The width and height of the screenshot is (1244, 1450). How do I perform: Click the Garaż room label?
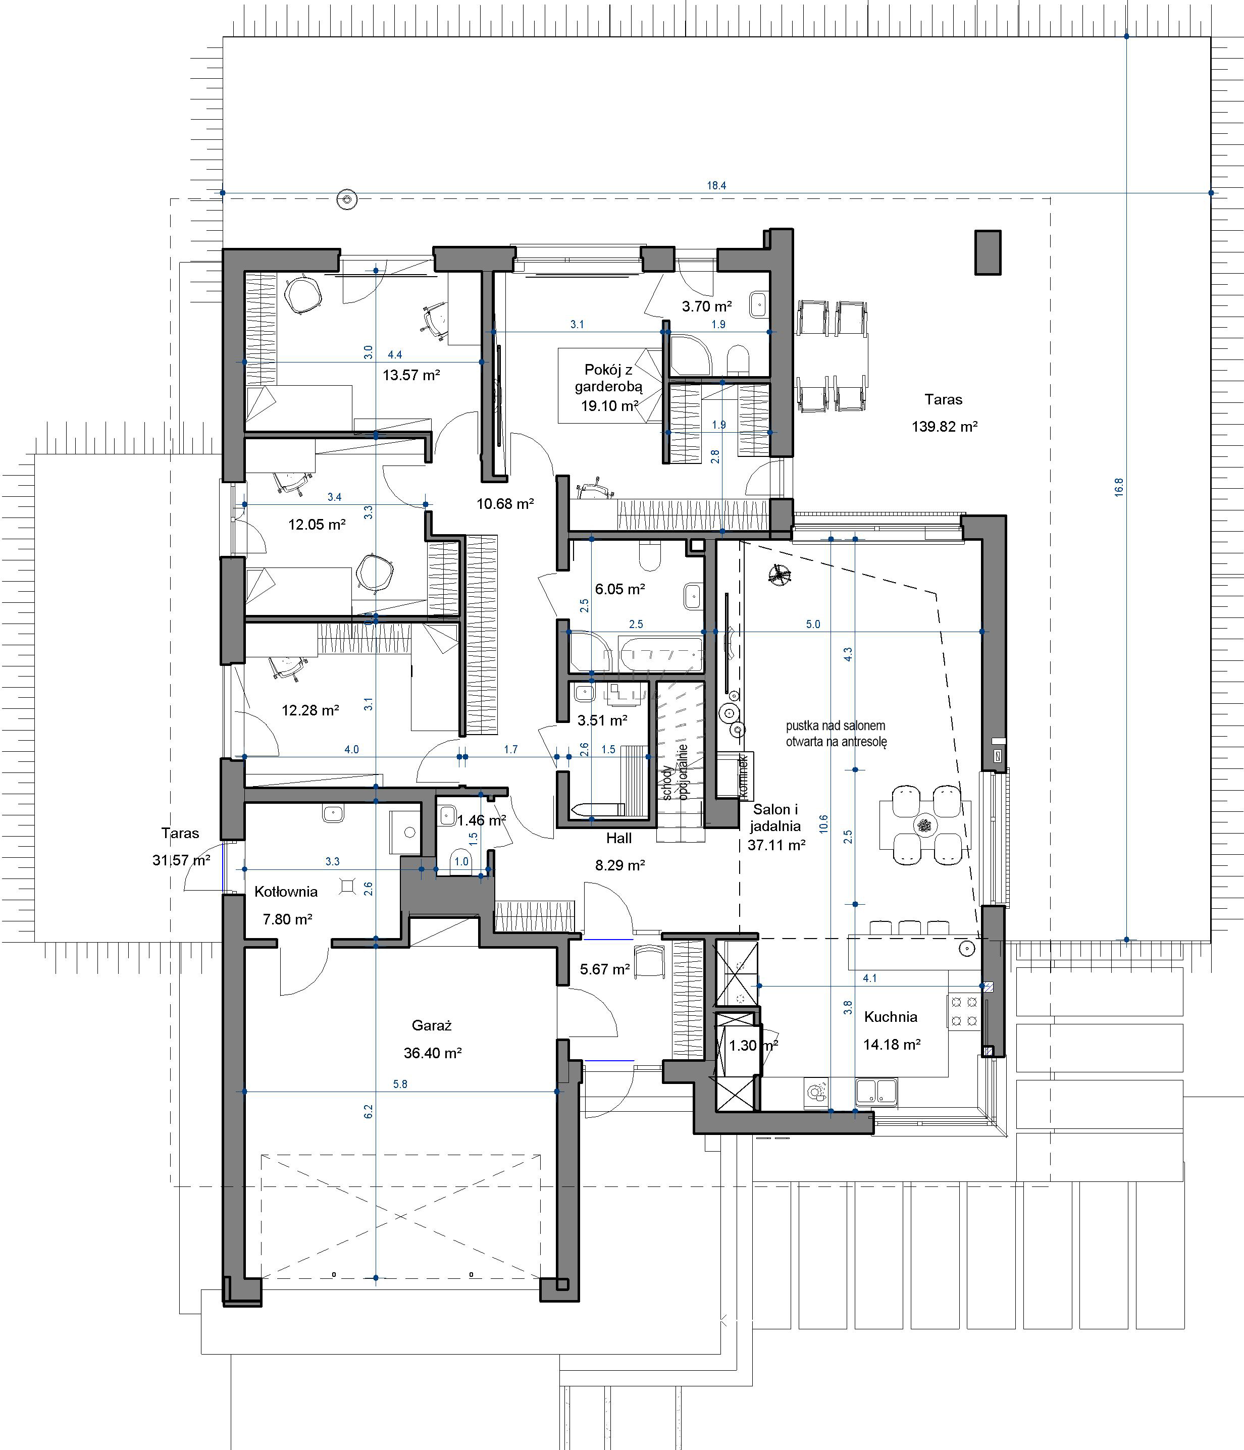pos(432,1025)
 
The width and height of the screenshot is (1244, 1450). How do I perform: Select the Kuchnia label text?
pos(890,1017)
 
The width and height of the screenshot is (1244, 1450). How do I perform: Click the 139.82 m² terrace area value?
pos(945,426)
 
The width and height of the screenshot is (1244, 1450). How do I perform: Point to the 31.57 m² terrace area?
pos(181,860)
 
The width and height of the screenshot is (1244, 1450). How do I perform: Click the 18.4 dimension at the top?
pos(716,185)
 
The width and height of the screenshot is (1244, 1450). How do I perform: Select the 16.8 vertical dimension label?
pos(1119,487)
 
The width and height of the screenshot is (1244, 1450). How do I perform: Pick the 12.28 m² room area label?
pos(310,710)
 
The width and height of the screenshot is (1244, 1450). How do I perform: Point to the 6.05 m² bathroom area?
pos(620,589)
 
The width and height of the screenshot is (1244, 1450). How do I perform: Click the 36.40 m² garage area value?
pos(432,1053)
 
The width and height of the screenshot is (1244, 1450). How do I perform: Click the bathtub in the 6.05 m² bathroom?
pos(660,654)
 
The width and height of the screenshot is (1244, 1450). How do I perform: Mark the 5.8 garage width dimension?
pos(400,1084)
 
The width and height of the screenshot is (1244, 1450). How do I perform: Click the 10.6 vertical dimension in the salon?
pos(823,823)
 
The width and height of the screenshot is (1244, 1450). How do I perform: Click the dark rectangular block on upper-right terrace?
pos(988,252)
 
